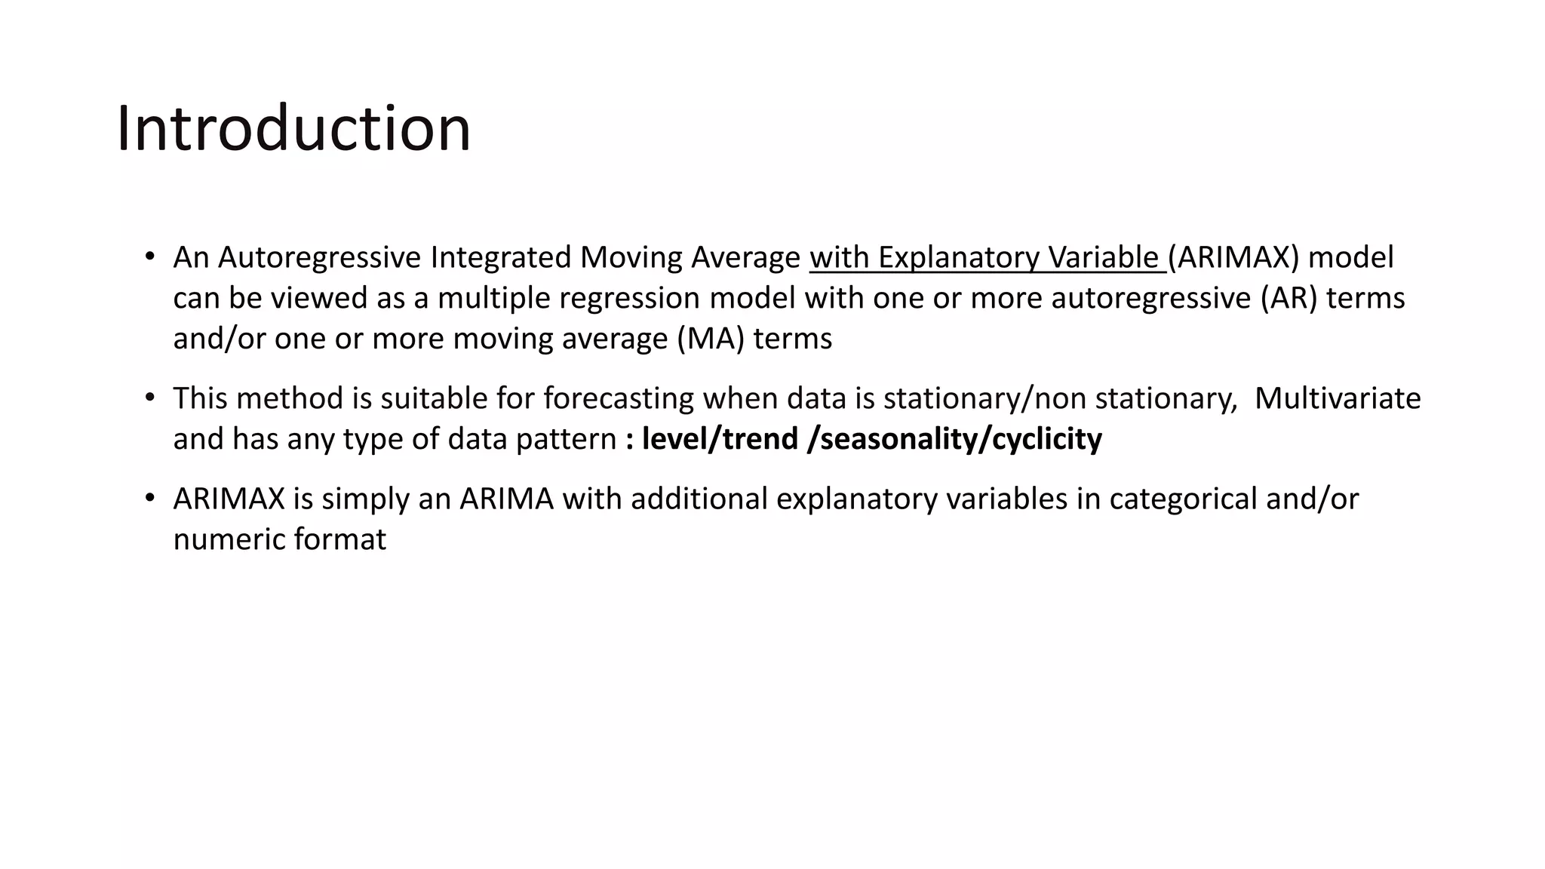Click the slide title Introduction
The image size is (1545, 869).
[293, 128]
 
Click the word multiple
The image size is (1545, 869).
[493, 299]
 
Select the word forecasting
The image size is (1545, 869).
[619, 398]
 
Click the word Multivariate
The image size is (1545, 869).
[1337, 398]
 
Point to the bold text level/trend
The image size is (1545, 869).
[719, 439]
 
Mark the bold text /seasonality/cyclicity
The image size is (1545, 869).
[954, 439]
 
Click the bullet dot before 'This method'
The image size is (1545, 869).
[149, 397]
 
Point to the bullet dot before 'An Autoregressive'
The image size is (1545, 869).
[149, 256]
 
